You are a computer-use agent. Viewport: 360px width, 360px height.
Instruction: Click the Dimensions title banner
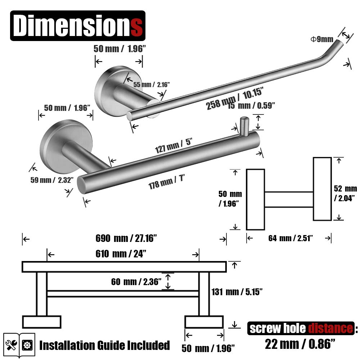78,26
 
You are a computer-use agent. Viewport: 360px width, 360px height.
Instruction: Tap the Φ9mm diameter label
322,39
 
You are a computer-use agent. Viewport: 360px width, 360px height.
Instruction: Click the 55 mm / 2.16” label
152,85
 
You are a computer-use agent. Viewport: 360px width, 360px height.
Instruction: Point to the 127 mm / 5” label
174,146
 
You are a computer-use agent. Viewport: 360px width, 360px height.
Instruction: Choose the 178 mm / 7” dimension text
166,182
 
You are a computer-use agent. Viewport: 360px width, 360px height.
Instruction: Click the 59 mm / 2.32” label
52,180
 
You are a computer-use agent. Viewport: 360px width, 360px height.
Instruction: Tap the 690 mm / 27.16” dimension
126,238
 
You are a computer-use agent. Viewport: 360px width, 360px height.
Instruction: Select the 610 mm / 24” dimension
121,254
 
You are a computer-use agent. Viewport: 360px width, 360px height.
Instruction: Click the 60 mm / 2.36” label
136,282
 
